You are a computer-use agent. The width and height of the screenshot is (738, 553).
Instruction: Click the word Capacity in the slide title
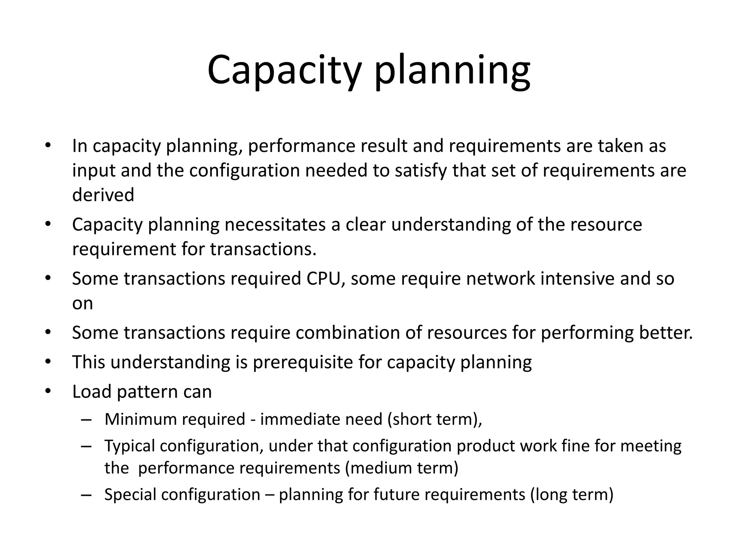pyautogui.click(x=284, y=70)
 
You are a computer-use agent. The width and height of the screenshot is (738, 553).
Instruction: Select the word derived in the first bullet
pyautogui.click(x=103, y=195)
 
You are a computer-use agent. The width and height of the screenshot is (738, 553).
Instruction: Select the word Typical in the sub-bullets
pyautogui.click(x=130, y=446)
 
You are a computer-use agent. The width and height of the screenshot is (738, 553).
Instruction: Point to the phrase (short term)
pyautogui.click(x=434, y=419)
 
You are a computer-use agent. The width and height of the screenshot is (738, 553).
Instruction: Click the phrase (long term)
pyautogui.click(x=572, y=494)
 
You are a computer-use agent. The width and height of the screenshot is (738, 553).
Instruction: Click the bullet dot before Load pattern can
pyautogui.click(x=48, y=391)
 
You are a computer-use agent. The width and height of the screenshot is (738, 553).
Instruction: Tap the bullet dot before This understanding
pyautogui.click(x=48, y=361)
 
